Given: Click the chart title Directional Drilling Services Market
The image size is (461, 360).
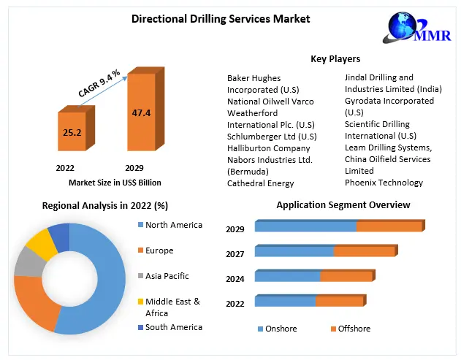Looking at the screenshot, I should click(221, 18).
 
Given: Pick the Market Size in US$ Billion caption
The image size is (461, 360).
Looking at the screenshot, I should click(115, 183).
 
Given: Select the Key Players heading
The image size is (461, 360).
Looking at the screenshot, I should click(335, 59).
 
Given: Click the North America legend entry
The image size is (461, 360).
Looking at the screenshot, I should click(173, 225).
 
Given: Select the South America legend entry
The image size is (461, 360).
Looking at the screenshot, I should click(173, 327).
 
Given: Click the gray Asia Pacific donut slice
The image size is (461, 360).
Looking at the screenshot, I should click(28, 261).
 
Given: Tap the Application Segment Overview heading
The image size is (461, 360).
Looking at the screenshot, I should click(343, 205).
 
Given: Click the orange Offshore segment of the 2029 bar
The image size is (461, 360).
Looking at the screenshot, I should click(389, 226).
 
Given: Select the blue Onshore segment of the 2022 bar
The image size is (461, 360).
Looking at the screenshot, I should click(285, 301).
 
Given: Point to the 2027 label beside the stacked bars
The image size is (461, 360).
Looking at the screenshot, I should click(235, 253).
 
